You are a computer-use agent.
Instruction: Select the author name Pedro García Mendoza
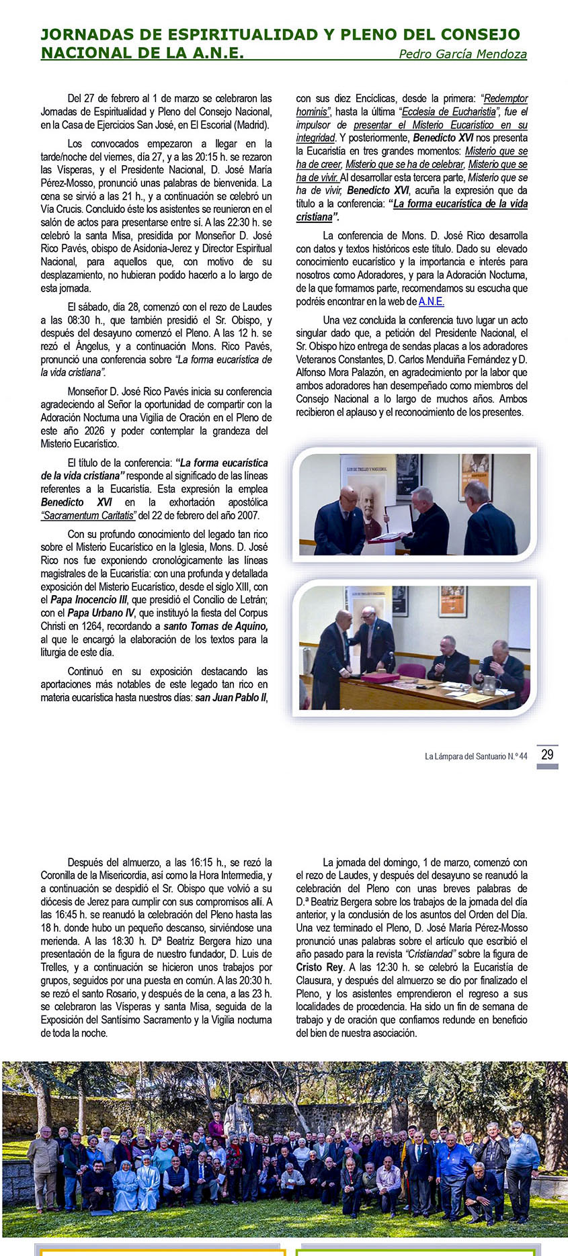[462, 54]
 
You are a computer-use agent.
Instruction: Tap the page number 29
[547, 754]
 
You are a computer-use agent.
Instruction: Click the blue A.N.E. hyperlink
[431, 302]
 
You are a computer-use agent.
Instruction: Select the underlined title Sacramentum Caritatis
[88, 516]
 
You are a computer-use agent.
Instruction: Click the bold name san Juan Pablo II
[231, 698]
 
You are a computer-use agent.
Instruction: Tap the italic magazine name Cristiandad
[429, 954]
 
